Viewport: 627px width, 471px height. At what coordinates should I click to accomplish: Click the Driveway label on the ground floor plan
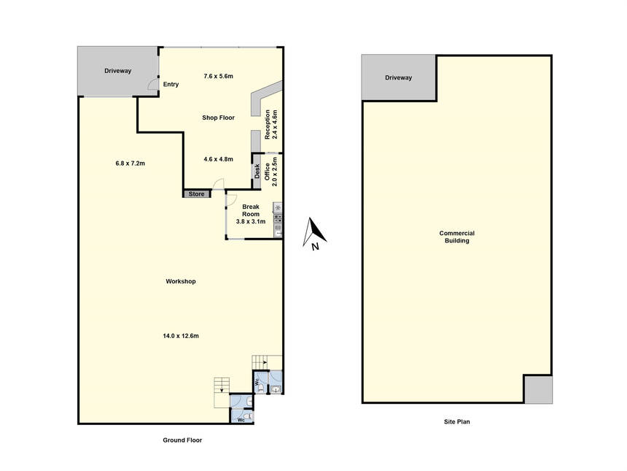pos(117,71)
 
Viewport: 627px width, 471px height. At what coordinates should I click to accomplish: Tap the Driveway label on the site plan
pos(398,77)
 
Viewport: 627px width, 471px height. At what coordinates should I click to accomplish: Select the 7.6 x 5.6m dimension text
pos(218,76)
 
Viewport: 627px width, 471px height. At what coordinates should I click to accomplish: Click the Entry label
pos(171,85)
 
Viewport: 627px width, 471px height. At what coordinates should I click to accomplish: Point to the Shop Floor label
pos(218,118)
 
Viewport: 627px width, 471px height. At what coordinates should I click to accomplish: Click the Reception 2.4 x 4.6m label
pos(270,124)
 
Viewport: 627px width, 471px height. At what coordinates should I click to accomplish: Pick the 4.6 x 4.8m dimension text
pos(218,159)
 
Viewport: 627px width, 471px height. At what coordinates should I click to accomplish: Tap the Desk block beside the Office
pos(257,171)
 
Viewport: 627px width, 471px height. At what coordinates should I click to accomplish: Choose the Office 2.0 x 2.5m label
pos(270,172)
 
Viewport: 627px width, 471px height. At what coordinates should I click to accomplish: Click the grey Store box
pos(197,194)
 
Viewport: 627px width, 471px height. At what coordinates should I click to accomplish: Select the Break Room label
pos(251,210)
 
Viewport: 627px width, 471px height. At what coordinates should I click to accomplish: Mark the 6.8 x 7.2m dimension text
pos(131,164)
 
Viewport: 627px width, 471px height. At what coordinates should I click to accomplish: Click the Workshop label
pos(181,282)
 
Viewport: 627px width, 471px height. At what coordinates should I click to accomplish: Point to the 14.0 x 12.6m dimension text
pos(181,336)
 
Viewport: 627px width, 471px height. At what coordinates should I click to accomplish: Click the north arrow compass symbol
pos(314,234)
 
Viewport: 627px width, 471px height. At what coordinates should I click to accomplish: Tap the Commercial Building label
pos(457,237)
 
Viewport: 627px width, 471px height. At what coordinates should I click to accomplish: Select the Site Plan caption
pos(457,422)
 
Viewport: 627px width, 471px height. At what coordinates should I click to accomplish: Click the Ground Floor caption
pos(182,440)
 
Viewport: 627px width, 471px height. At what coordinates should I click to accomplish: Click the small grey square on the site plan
pos(538,389)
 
